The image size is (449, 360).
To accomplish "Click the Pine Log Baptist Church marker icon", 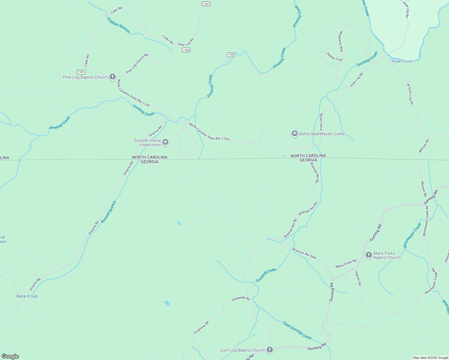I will [x=113, y=77].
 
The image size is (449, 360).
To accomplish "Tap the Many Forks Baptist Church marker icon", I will [x=369, y=255].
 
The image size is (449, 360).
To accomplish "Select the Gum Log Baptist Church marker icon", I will [x=270, y=350].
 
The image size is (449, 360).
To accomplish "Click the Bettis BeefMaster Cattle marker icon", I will [x=294, y=134].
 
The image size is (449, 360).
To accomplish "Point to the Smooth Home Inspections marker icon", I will [x=165, y=142].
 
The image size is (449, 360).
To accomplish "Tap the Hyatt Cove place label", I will [x=402, y=61].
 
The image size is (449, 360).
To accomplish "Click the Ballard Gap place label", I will [x=27, y=296].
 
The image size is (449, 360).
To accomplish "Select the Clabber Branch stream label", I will [x=118, y=25].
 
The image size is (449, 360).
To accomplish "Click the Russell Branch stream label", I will [x=108, y=212].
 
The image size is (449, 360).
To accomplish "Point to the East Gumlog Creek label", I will [x=297, y=330].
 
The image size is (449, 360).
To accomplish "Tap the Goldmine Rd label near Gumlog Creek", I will [x=240, y=298].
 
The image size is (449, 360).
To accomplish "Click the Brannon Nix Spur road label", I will [x=304, y=253].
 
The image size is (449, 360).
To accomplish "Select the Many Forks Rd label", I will [x=346, y=263].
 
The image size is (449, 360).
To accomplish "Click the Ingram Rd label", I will [x=358, y=278].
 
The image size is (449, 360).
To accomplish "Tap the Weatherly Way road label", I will [x=341, y=42].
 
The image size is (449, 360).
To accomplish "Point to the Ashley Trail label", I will [x=334, y=57].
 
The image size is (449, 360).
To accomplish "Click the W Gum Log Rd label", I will [x=410, y=94].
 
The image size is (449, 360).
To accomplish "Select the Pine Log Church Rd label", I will [x=137, y=64].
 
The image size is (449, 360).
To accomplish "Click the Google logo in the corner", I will [x=10, y=356].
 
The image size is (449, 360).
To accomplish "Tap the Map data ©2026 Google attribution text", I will [x=430, y=358].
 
